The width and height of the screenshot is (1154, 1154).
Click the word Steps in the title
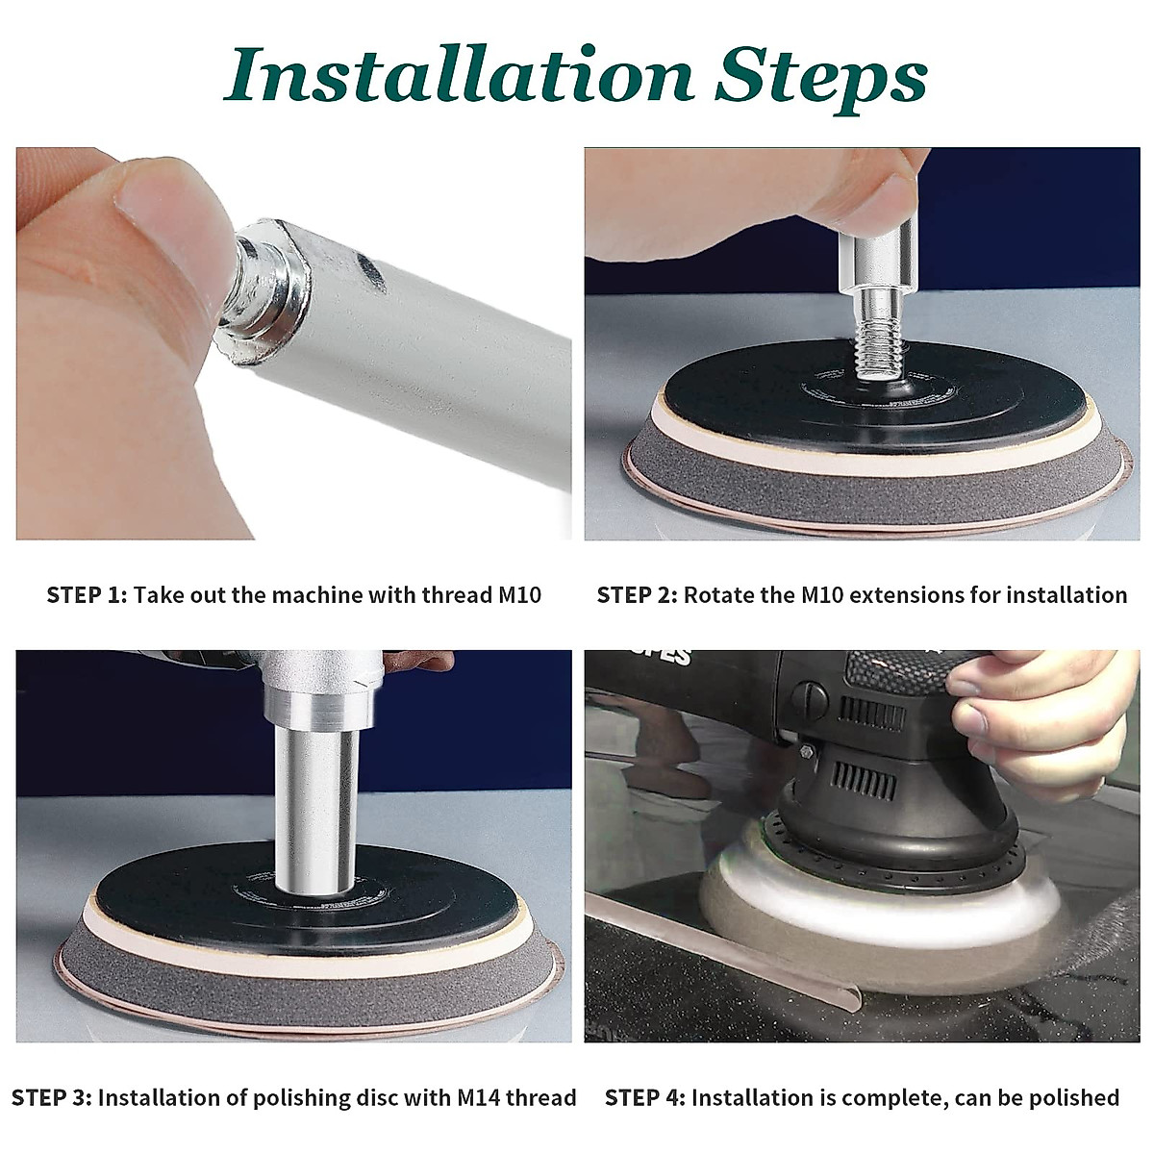click(821, 79)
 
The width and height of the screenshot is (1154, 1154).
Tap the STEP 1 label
click(87, 595)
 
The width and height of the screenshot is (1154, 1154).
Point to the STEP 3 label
click(52, 1097)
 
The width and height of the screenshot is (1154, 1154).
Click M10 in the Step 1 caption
click(520, 595)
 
